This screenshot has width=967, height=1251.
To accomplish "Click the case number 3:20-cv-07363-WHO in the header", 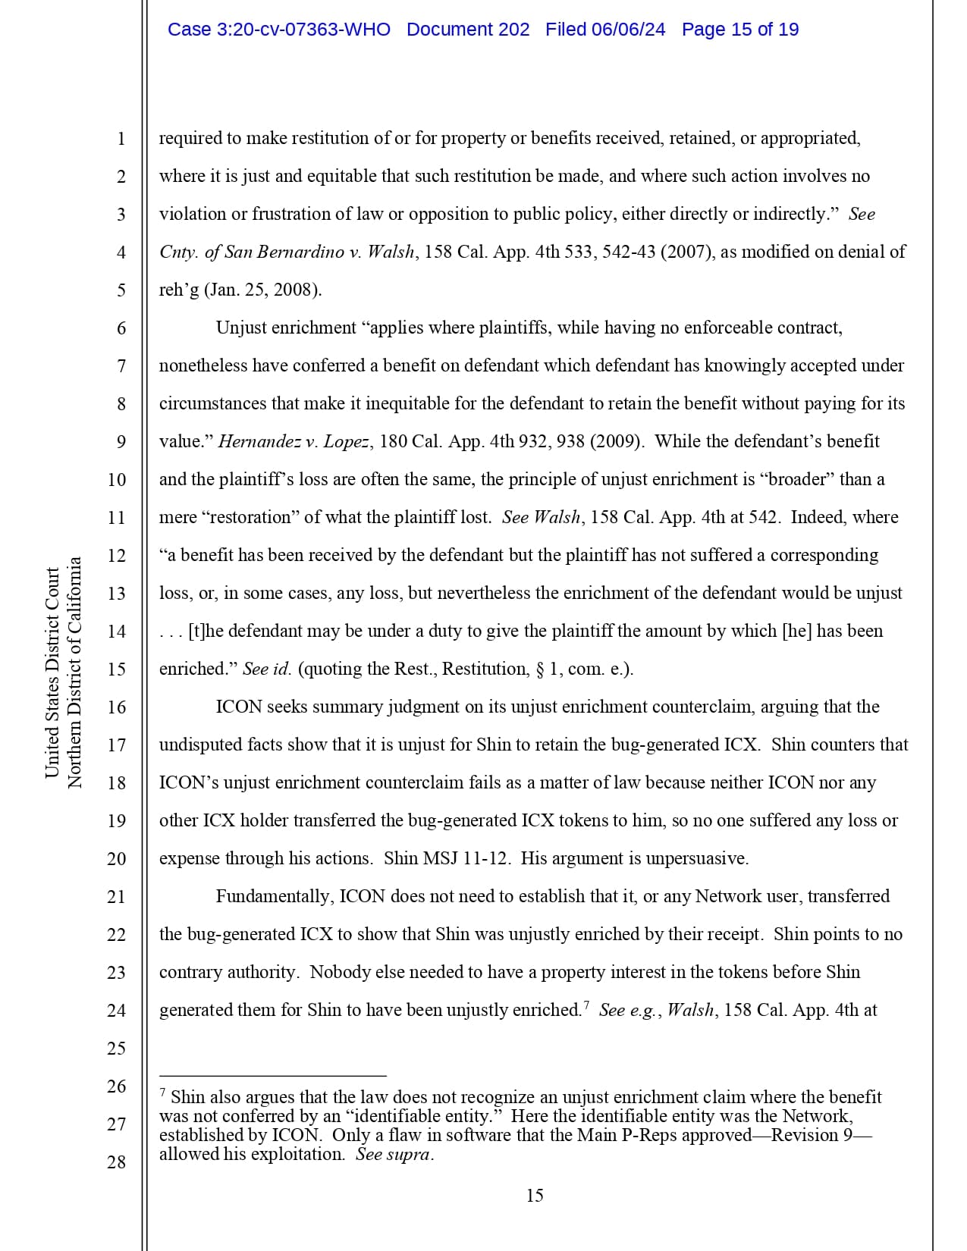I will pyautogui.click(x=278, y=30).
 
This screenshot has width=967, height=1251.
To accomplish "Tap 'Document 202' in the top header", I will pyautogui.click(x=468, y=30).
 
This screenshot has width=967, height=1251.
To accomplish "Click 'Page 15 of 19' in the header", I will pyautogui.click(x=739, y=30).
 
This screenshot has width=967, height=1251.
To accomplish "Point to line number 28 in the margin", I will pyautogui.click(x=116, y=1162).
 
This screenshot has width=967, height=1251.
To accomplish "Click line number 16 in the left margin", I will pyautogui.click(x=116, y=707).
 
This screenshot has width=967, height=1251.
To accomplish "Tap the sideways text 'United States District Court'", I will pyautogui.click(x=52, y=673).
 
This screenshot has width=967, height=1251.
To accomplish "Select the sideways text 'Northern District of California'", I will pyautogui.click(x=74, y=673).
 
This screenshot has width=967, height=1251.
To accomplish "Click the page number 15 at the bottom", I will pyautogui.click(x=534, y=1196).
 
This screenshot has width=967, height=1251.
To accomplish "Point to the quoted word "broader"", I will pyautogui.click(x=797, y=479).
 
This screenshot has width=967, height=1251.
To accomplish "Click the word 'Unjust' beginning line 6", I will pyautogui.click(x=241, y=328).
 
